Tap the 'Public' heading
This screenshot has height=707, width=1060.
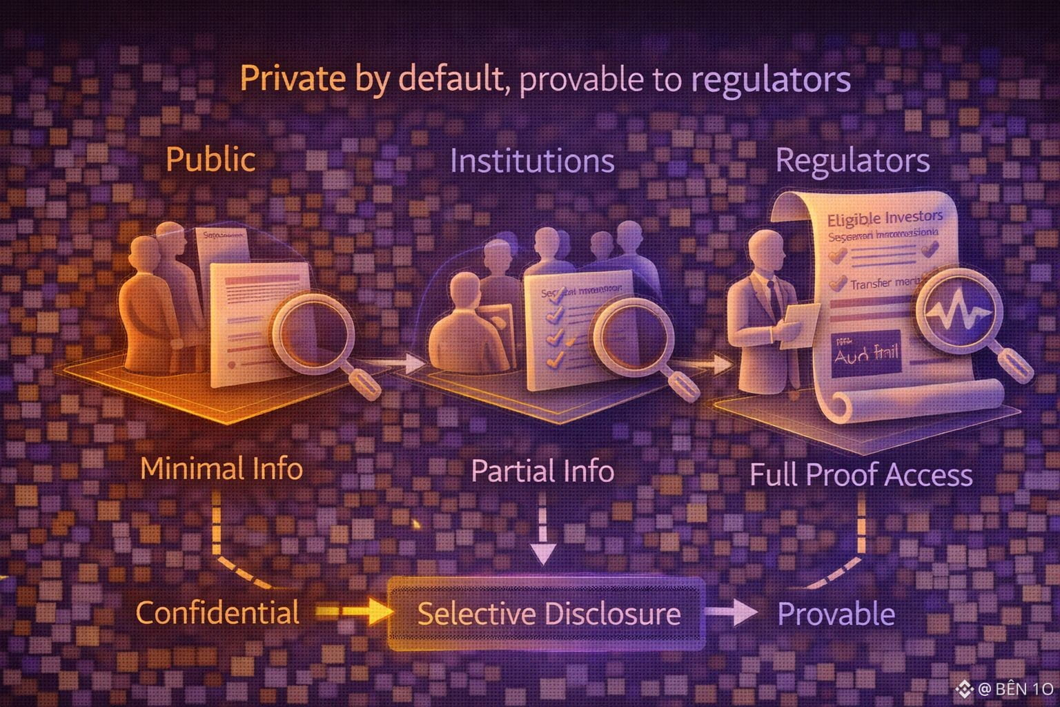pyautogui.click(x=210, y=159)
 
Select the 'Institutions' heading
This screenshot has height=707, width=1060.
pyautogui.click(x=532, y=161)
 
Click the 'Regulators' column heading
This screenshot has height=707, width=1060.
pyautogui.click(x=852, y=161)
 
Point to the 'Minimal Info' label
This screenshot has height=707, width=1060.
pyautogui.click(x=222, y=469)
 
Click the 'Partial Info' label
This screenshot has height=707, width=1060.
pyautogui.click(x=542, y=472)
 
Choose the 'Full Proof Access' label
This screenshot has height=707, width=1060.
pyautogui.click(x=861, y=475)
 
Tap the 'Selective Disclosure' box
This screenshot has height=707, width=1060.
pyautogui.click(x=548, y=613)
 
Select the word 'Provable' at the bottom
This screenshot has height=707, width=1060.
pyautogui.click(x=836, y=614)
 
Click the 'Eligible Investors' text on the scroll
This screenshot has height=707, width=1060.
pyautogui.click(x=884, y=219)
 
